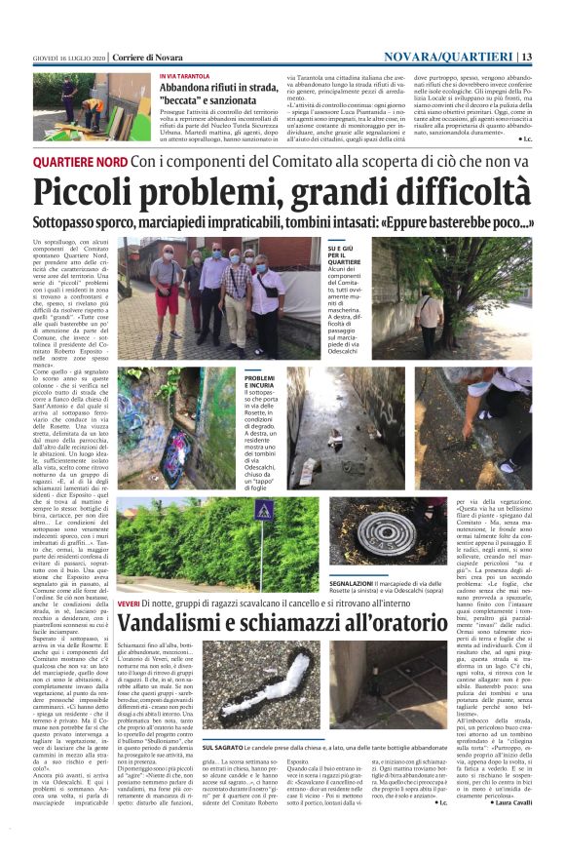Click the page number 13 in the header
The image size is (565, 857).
(527, 57)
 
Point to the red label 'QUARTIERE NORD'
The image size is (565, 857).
(94, 161)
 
